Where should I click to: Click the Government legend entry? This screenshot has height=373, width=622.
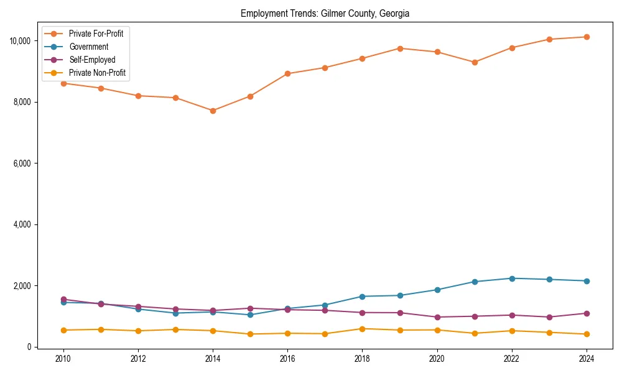pos(88,47)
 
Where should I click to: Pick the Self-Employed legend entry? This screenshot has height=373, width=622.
pos(92,60)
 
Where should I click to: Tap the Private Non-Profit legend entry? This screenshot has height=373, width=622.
pos(97,73)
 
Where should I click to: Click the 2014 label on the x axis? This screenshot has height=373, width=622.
pos(213,359)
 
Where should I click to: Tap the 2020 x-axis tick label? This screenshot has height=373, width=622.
pos(437,359)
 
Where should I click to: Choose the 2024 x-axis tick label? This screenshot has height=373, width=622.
pos(586,359)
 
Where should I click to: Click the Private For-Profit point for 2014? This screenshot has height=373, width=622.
pos(213,111)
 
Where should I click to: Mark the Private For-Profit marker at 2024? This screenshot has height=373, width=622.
pos(586,37)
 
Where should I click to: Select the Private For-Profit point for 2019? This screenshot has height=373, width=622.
pos(399,48)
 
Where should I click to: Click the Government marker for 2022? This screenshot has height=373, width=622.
pos(511,279)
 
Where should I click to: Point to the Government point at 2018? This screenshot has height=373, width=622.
pos(362,297)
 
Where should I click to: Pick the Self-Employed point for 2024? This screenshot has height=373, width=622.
pos(586,313)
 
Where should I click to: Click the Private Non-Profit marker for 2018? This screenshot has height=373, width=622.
pos(362,329)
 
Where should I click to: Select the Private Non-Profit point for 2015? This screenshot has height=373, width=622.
pos(250,334)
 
